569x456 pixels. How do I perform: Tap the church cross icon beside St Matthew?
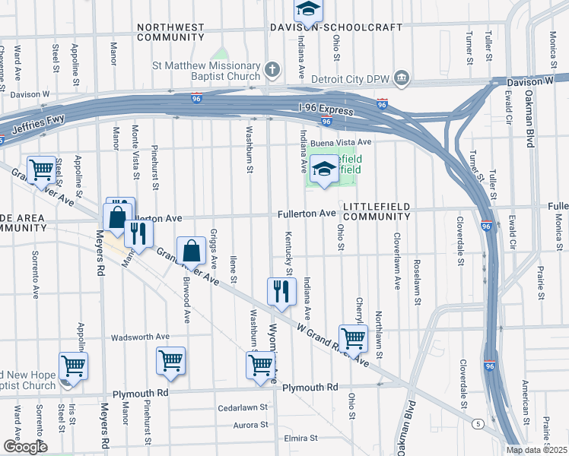(272, 71)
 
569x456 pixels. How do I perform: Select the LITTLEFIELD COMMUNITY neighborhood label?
(377, 211)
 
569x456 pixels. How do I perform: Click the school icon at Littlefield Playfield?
(324, 170)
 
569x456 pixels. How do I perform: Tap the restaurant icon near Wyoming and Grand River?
(281, 290)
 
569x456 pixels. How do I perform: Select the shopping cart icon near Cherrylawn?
(353, 338)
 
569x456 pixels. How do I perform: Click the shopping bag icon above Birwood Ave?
(191, 251)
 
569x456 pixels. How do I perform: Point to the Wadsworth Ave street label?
(140, 337)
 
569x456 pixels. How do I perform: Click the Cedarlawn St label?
(243, 407)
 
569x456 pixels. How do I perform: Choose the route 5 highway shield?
(476, 423)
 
